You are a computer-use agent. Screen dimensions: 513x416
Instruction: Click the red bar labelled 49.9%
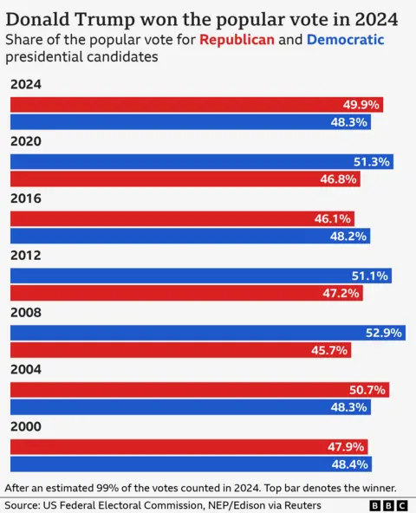point(196,105)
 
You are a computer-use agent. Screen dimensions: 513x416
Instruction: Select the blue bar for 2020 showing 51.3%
point(201,162)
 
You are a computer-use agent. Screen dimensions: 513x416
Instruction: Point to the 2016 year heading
point(26,198)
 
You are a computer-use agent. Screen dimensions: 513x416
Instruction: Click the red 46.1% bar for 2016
point(182,219)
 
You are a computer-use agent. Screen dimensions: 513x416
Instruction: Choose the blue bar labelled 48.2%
point(190,236)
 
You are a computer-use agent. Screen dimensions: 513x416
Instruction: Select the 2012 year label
point(26,256)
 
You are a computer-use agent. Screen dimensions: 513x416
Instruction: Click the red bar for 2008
point(180,350)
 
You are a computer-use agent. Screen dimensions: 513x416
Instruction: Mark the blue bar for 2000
point(191,464)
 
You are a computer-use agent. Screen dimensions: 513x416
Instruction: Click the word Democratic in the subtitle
point(346,39)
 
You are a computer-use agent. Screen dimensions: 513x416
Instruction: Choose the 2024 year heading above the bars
point(26,85)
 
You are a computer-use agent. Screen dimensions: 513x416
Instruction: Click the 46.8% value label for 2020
point(337,179)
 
